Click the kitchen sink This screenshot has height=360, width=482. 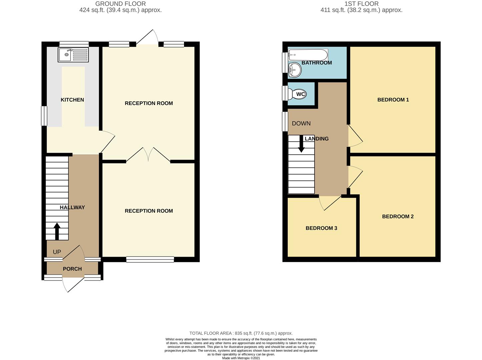click(x=73, y=55)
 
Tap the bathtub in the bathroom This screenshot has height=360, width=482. click(x=308, y=55)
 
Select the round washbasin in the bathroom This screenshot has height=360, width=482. click(x=295, y=70)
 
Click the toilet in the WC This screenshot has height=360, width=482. click(x=297, y=94)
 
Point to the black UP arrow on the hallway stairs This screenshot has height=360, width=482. click(x=57, y=231)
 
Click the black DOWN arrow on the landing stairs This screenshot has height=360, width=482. click(x=301, y=144)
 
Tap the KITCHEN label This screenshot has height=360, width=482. click(x=72, y=100)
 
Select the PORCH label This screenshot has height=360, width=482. click(x=72, y=269)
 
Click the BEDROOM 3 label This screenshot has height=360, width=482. click(x=321, y=228)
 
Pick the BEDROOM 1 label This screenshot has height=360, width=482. click(x=393, y=100)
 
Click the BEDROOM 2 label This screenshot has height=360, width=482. click(x=398, y=216)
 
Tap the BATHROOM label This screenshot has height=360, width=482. click(x=317, y=63)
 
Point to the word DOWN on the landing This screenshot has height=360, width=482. click(x=301, y=123)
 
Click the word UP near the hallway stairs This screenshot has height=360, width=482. click(x=57, y=252)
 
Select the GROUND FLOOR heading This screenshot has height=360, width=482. click(x=120, y=4)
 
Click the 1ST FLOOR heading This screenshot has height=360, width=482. click(x=361, y=4)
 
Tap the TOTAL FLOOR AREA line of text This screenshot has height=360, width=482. click(x=241, y=333)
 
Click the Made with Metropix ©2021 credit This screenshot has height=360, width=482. click(x=241, y=358)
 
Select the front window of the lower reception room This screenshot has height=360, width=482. click(x=150, y=259)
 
